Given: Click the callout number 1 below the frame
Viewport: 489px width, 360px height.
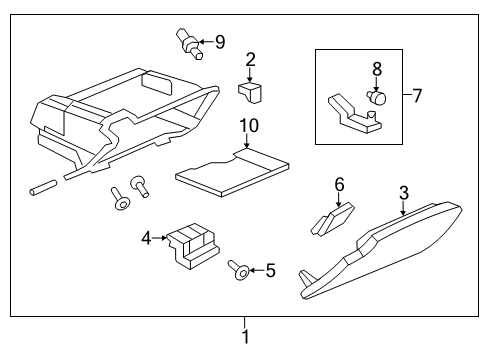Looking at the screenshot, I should (x=245, y=337).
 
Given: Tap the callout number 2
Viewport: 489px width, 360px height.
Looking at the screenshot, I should (x=251, y=61).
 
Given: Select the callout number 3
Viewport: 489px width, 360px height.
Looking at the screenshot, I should (x=403, y=192).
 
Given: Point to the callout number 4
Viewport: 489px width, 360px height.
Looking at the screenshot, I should (x=146, y=238).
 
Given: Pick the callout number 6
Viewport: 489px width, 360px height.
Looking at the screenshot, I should (x=339, y=184).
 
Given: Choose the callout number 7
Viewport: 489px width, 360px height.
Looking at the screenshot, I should (x=417, y=96).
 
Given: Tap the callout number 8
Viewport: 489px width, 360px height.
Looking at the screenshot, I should (x=377, y=69).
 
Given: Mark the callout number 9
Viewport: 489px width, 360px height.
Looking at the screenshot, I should (x=221, y=42).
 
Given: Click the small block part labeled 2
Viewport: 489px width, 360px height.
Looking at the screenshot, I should (x=250, y=92).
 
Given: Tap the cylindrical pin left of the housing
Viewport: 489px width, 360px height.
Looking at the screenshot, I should (x=42, y=187).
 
